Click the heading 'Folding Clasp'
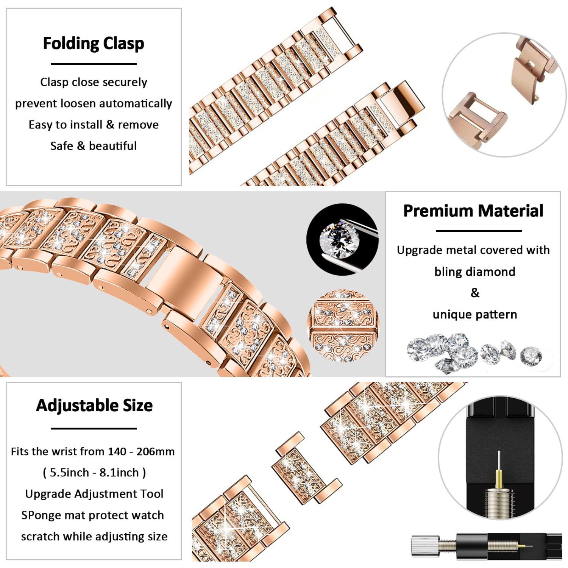tap(94, 43)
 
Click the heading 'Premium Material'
tap(473, 211)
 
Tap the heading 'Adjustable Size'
tap(94, 406)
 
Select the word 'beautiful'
tap(113, 146)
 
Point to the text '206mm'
tap(155, 451)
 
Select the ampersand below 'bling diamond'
tap(475, 293)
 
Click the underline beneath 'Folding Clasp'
tap(94, 64)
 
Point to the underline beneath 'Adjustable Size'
tap(94, 428)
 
